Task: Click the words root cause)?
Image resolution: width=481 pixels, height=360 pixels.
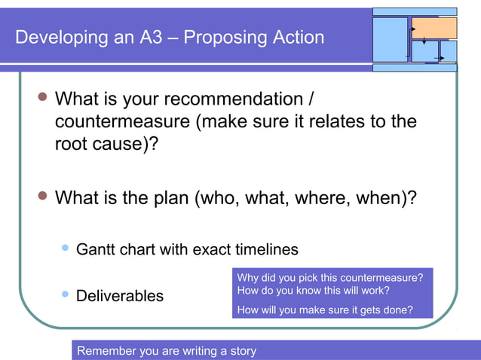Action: coord(106,143)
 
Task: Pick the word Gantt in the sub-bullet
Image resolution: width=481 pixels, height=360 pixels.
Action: coord(96,249)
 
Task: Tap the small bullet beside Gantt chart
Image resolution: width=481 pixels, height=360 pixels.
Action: coord(64,247)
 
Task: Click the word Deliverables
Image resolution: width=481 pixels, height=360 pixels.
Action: coord(120,296)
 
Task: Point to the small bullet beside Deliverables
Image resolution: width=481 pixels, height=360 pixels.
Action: coord(64,294)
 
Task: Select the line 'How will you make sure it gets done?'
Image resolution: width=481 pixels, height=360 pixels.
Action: coord(324,309)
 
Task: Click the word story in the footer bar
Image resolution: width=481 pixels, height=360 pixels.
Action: coord(240,351)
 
